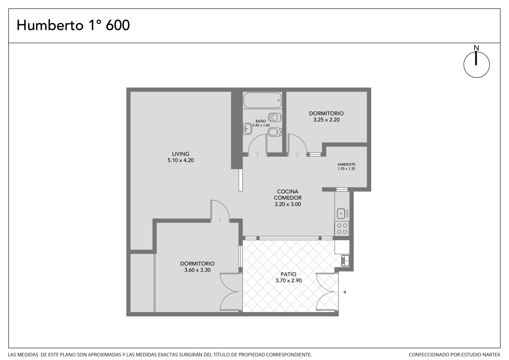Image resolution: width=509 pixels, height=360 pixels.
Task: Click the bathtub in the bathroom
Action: (x=262, y=100)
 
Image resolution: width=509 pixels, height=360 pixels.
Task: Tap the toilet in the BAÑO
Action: (x=275, y=117)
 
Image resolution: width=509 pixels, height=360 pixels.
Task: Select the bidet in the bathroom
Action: (x=275, y=132)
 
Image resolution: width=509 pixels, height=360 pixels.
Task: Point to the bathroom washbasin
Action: (x=248, y=129)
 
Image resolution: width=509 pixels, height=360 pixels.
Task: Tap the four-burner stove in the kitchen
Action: (x=342, y=229)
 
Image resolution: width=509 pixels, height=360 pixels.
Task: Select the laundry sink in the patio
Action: (x=345, y=261)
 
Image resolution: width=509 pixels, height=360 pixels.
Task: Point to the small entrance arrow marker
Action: (x=345, y=292)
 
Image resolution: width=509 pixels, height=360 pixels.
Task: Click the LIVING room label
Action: (x=181, y=154)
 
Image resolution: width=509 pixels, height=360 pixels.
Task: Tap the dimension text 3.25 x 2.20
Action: (x=326, y=120)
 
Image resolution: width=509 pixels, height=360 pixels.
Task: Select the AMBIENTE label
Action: (x=346, y=165)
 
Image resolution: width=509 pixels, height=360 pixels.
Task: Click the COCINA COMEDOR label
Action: (x=288, y=195)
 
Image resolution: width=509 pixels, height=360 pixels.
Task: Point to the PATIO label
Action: (x=288, y=274)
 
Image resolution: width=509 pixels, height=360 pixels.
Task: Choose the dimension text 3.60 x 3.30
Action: (x=198, y=270)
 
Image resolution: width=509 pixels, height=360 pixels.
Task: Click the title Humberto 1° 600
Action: (x=73, y=25)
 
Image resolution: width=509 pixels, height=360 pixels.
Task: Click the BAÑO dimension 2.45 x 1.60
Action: (x=261, y=125)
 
